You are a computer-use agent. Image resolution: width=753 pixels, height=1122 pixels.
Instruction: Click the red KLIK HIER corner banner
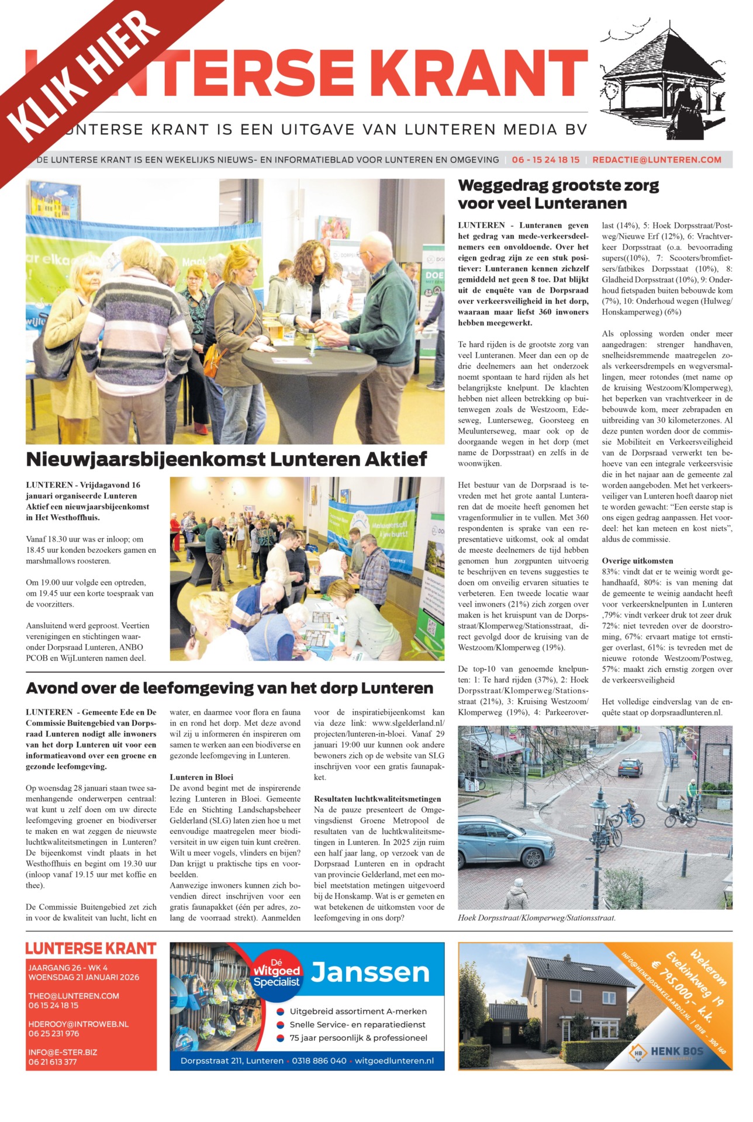pos(88,76)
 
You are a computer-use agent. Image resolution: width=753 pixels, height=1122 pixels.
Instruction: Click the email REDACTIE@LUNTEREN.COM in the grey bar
pos(657,160)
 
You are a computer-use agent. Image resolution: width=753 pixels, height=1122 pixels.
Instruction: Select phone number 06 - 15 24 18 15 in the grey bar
pos(545,160)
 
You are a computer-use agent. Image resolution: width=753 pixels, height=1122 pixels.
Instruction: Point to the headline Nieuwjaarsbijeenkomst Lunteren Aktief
pos(227,459)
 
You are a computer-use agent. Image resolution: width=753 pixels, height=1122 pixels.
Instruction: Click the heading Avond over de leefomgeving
pos(230,688)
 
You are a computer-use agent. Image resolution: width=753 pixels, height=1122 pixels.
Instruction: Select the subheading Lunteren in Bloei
pos(201,777)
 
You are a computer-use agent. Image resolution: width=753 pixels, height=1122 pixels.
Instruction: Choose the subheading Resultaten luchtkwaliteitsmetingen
pos(377,799)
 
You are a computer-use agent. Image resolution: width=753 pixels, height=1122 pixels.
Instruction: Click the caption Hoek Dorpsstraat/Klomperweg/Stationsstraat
pos(537,918)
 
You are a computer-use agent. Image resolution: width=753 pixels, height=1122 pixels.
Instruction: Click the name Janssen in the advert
pos(370,972)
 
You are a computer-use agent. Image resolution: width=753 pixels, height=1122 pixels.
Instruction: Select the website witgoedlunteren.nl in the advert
pos(394,1061)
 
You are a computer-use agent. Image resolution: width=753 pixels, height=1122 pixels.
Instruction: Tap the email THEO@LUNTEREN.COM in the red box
pos(74,996)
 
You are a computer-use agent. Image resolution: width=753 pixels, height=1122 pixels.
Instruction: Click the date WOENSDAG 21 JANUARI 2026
pos(84,977)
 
